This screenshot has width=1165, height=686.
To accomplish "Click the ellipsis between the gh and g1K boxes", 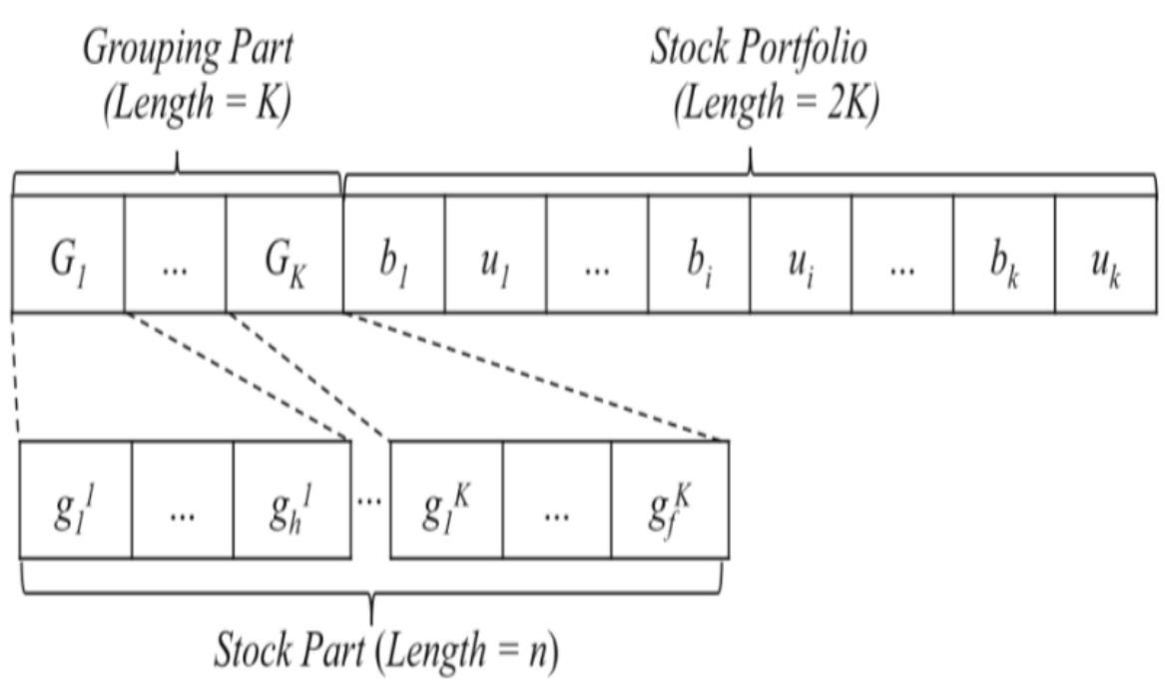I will click(369, 498).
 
